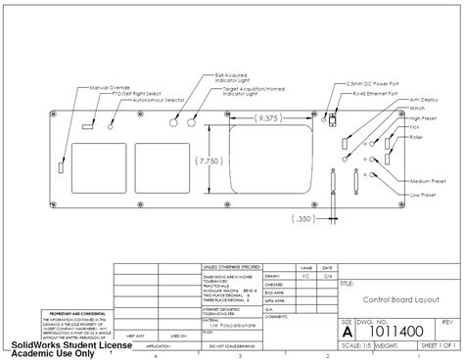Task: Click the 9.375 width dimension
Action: tap(266, 119)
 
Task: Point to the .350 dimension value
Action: tap(305, 218)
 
